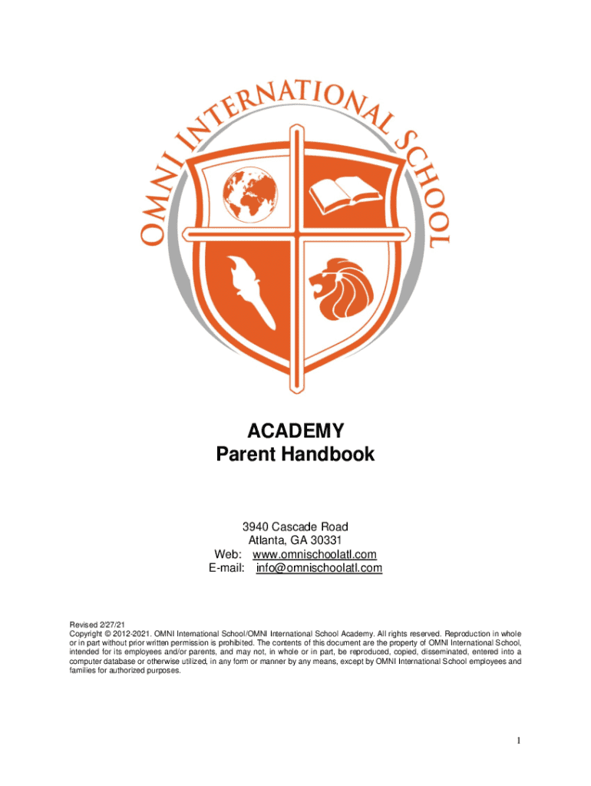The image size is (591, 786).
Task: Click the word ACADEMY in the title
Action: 295,430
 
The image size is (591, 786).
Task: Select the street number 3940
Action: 256,527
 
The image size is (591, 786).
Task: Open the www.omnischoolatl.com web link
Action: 315,554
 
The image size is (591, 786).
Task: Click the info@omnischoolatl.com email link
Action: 319,568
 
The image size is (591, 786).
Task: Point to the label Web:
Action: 229,554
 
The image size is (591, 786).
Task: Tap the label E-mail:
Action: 226,568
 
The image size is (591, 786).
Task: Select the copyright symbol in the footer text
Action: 108,634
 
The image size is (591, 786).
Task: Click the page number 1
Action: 519,741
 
